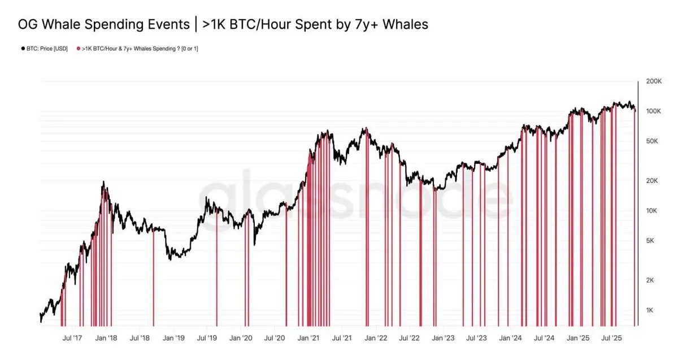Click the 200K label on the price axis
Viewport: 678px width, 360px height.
[x=653, y=81]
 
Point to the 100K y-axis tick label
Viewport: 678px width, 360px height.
[x=653, y=111]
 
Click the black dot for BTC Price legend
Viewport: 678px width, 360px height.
[x=21, y=49]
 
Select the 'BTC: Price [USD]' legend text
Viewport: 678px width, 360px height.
[x=46, y=49]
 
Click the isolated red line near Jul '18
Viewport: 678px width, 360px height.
[x=154, y=277]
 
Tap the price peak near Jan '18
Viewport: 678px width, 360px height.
[x=103, y=182]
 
